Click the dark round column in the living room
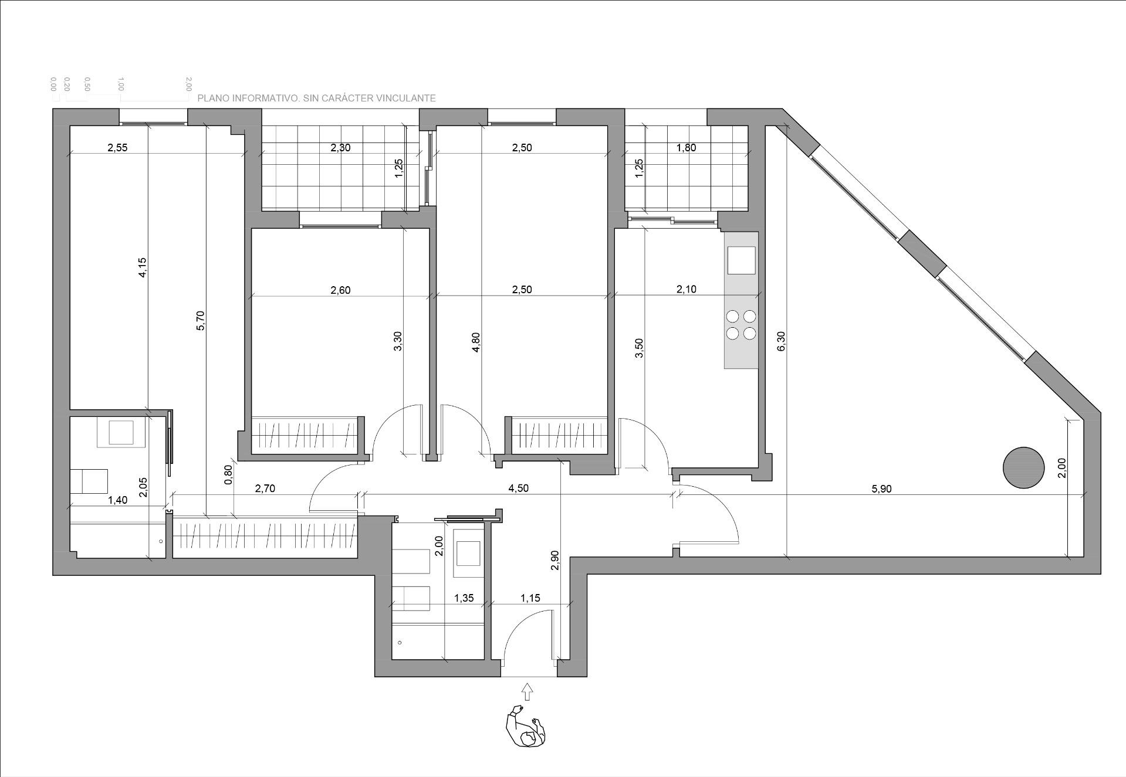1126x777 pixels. pos(1023,468)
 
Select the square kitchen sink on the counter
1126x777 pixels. pos(741,260)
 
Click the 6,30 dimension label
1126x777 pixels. pos(781,341)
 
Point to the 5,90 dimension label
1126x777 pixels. pos(881,489)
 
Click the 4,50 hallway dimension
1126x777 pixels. pos(519,488)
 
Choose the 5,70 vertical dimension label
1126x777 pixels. pos(201,321)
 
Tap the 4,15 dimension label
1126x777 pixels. pos(143,267)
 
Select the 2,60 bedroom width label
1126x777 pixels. pos(340,290)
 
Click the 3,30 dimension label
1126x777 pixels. pos(398,341)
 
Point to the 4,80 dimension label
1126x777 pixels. pos(476,342)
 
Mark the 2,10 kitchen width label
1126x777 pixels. pos(687,289)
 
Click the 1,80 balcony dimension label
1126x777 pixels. pos(686,148)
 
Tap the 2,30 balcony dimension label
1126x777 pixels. pos(340,148)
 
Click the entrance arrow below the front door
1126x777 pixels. pos(528,691)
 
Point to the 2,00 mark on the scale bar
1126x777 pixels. pos(188,84)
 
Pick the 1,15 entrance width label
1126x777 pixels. pos(530,599)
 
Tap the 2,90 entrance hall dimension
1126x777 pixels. pos(556,560)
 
